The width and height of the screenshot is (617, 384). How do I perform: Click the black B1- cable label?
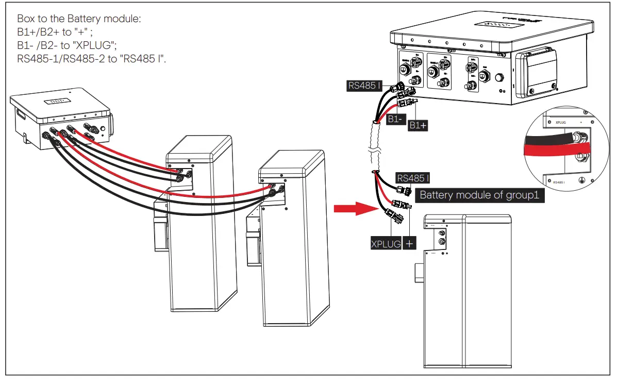click(x=396, y=120)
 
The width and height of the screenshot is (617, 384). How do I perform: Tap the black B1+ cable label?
click(x=418, y=125)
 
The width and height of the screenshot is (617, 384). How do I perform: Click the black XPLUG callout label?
click(x=386, y=243)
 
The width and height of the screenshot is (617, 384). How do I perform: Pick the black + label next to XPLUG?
click(x=410, y=243)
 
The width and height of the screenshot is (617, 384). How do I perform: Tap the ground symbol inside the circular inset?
click(x=582, y=180)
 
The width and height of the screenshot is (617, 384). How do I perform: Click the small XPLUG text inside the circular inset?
click(x=561, y=123)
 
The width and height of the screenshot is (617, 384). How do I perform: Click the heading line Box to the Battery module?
click(x=79, y=19)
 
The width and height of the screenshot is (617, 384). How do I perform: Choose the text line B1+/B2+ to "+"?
click(x=54, y=32)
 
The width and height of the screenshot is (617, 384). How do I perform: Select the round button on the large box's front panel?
click(x=498, y=79)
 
